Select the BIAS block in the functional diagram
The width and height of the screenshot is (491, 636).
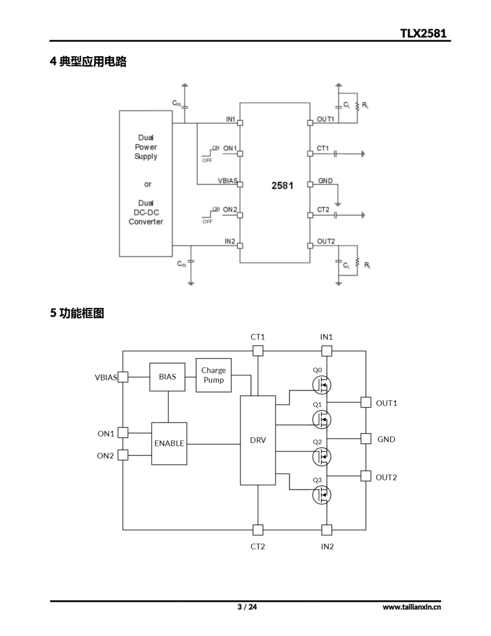pyautogui.click(x=167, y=377)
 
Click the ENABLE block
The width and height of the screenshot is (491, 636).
pyautogui.click(x=169, y=443)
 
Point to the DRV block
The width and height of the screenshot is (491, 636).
pyautogui.click(x=258, y=440)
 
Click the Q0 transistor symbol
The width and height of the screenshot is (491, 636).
pyautogui.click(x=321, y=385)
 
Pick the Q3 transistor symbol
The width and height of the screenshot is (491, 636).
pyautogui.click(x=321, y=495)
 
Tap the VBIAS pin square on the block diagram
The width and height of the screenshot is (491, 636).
pyautogui.click(x=123, y=377)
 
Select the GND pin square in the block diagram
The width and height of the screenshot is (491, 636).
pyautogui.click(x=366, y=438)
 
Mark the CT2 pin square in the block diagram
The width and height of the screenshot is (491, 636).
pyautogui.click(x=258, y=530)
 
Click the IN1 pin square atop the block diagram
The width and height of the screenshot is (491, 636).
pyautogui.click(x=327, y=351)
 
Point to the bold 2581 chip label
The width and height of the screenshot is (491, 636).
pyautogui.click(x=282, y=186)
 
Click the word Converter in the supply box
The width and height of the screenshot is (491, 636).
pyautogui.click(x=146, y=222)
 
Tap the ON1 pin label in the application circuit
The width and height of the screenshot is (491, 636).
pyautogui.click(x=230, y=148)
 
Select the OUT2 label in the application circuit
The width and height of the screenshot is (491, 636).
pyautogui.click(x=326, y=241)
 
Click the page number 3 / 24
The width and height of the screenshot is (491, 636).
pyautogui.click(x=247, y=607)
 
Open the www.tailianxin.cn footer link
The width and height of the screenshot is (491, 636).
pyautogui.click(x=412, y=607)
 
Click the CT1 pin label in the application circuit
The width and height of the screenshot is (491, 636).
pyautogui.click(x=322, y=148)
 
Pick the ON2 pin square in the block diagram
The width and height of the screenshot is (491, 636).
pyautogui.click(x=123, y=455)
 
